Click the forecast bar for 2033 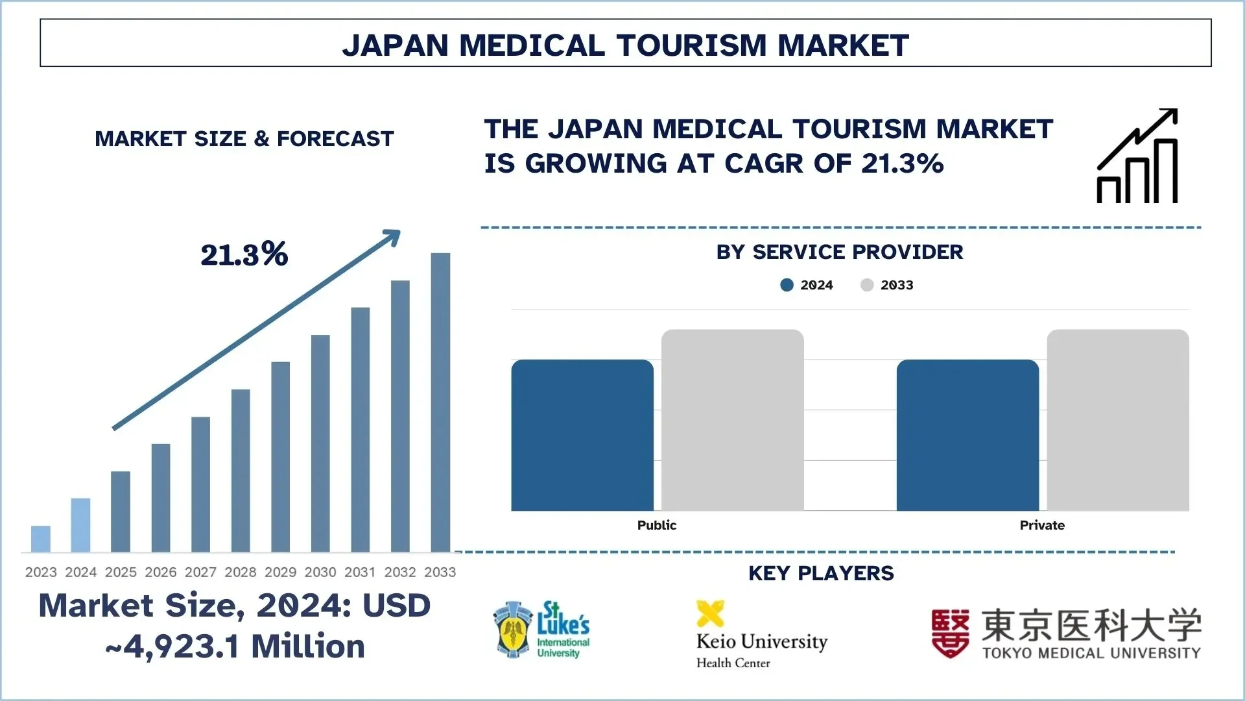(x=440, y=402)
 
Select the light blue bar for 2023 (x=41, y=539)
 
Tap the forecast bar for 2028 (x=241, y=471)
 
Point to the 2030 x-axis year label (x=320, y=572)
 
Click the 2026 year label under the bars (x=161, y=572)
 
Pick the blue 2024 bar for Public (x=582, y=435)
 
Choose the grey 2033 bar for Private (x=1118, y=420)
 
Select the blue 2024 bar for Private (x=967, y=435)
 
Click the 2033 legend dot (x=867, y=285)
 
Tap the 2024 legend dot (x=787, y=285)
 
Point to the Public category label (x=656, y=525)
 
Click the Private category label (x=1042, y=525)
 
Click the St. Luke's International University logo (x=541, y=629)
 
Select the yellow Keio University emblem (x=710, y=613)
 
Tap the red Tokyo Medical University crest (x=950, y=633)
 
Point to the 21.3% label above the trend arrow (x=244, y=254)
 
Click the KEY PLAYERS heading (x=821, y=573)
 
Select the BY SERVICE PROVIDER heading (x=839, y=252)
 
